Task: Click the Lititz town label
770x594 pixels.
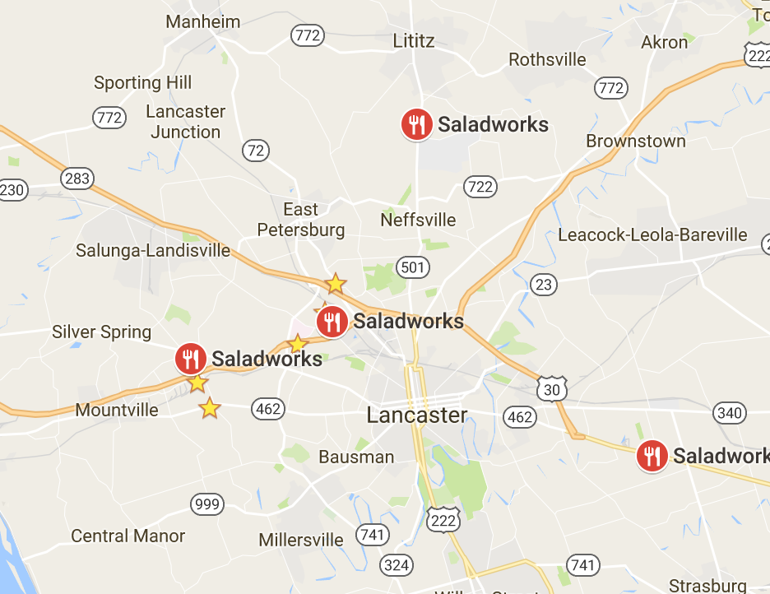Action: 414,40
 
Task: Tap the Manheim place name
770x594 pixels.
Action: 202,21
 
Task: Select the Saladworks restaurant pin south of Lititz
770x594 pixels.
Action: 417,124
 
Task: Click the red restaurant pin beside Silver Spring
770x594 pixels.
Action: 191,359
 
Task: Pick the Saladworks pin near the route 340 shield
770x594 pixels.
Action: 652,455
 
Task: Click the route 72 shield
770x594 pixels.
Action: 256,151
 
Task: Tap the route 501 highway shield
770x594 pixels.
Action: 411,267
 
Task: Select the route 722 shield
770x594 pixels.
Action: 480,187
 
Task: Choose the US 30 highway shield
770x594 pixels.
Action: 551,389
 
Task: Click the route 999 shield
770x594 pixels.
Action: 206,504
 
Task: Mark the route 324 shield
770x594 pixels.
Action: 397,564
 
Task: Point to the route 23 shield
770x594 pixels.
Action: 543,285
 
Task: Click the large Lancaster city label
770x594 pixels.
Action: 417,415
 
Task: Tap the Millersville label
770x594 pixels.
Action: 301,541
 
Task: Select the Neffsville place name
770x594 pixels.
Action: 418,220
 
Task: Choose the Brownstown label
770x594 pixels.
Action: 636,141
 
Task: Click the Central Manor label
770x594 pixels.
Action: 128,536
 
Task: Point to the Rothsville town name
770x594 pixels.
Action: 548,59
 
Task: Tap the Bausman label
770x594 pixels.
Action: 356,457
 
